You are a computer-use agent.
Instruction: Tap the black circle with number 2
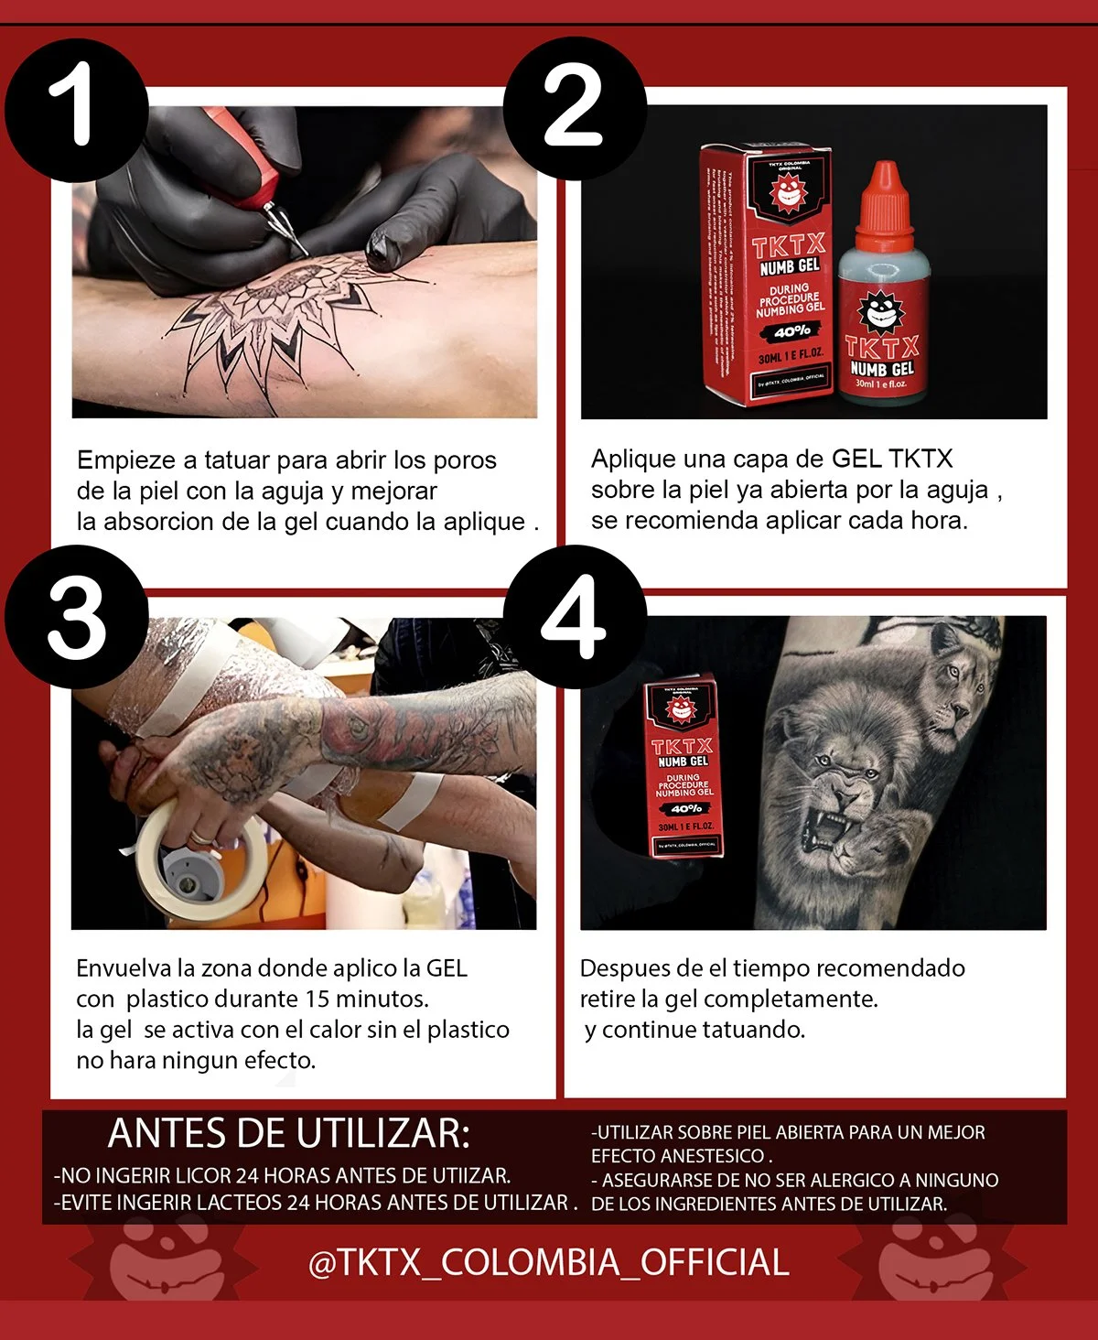coord(575,108)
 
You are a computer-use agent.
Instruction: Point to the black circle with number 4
coord(575,616)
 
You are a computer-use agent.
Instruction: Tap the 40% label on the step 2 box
coord(792,331)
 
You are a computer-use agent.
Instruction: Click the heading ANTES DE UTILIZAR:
coord(288,1134)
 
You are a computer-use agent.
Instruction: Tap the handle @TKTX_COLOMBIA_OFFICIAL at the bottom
coord(549,1263)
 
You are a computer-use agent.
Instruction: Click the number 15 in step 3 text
coord(318,999)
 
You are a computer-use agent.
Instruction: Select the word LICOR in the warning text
coord(199,1176)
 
